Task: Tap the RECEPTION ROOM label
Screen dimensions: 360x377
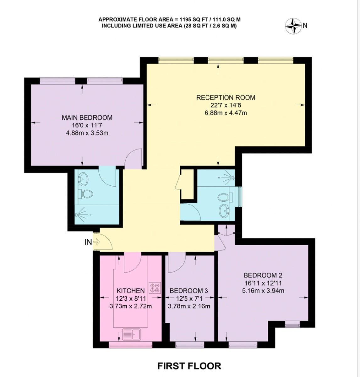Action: (226, 97)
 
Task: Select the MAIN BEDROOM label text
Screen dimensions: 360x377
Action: (87, 117)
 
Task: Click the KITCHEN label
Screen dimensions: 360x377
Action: (131, 291)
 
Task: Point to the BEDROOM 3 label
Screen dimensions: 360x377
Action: (189, 291)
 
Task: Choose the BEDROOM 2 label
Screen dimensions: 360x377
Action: (263, 275)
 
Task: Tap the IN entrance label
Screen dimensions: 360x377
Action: (88, 242)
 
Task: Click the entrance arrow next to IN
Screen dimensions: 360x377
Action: (96, 242)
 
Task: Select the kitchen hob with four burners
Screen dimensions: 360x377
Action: (155, 288)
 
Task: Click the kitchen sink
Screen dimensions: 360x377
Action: (132, 334)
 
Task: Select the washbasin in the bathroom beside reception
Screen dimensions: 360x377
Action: (224, 211)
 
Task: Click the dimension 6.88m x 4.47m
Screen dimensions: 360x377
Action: (226, 113)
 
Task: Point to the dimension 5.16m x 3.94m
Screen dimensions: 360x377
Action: (263, 291)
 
